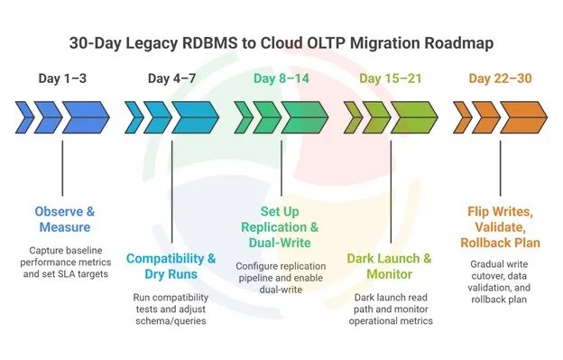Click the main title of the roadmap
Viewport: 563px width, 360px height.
pyautogui.click(x=281, y=42)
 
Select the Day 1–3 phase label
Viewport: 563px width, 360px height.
pyautogui.click(x=62, y=78)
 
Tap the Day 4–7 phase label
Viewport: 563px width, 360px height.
pyautogui.click(x=171, y=78)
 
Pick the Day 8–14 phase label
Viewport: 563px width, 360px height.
pyautogui.click(x=281, y=78)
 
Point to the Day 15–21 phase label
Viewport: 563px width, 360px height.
pyautogui.click(x=390, y=78)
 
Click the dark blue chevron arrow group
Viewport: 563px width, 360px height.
pyautogui.click(x=62, y=116)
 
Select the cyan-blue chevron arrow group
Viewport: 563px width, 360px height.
pyautogui.click(x=171, y=116)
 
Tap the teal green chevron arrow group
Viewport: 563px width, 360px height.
pyautogui.click(x=281, y=116)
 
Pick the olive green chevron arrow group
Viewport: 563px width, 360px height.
pyautogui.click(x=390, y=116)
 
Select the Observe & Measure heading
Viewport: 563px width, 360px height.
pyautogui.click(x=64, y=219)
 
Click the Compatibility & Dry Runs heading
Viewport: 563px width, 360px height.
pyautogui.click(x=171, y=266)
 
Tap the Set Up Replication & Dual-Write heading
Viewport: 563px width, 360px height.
pyautogui.click(x=281, y=226)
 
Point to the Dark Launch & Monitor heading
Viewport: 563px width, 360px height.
pyautogui.click(x=390, y=266)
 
